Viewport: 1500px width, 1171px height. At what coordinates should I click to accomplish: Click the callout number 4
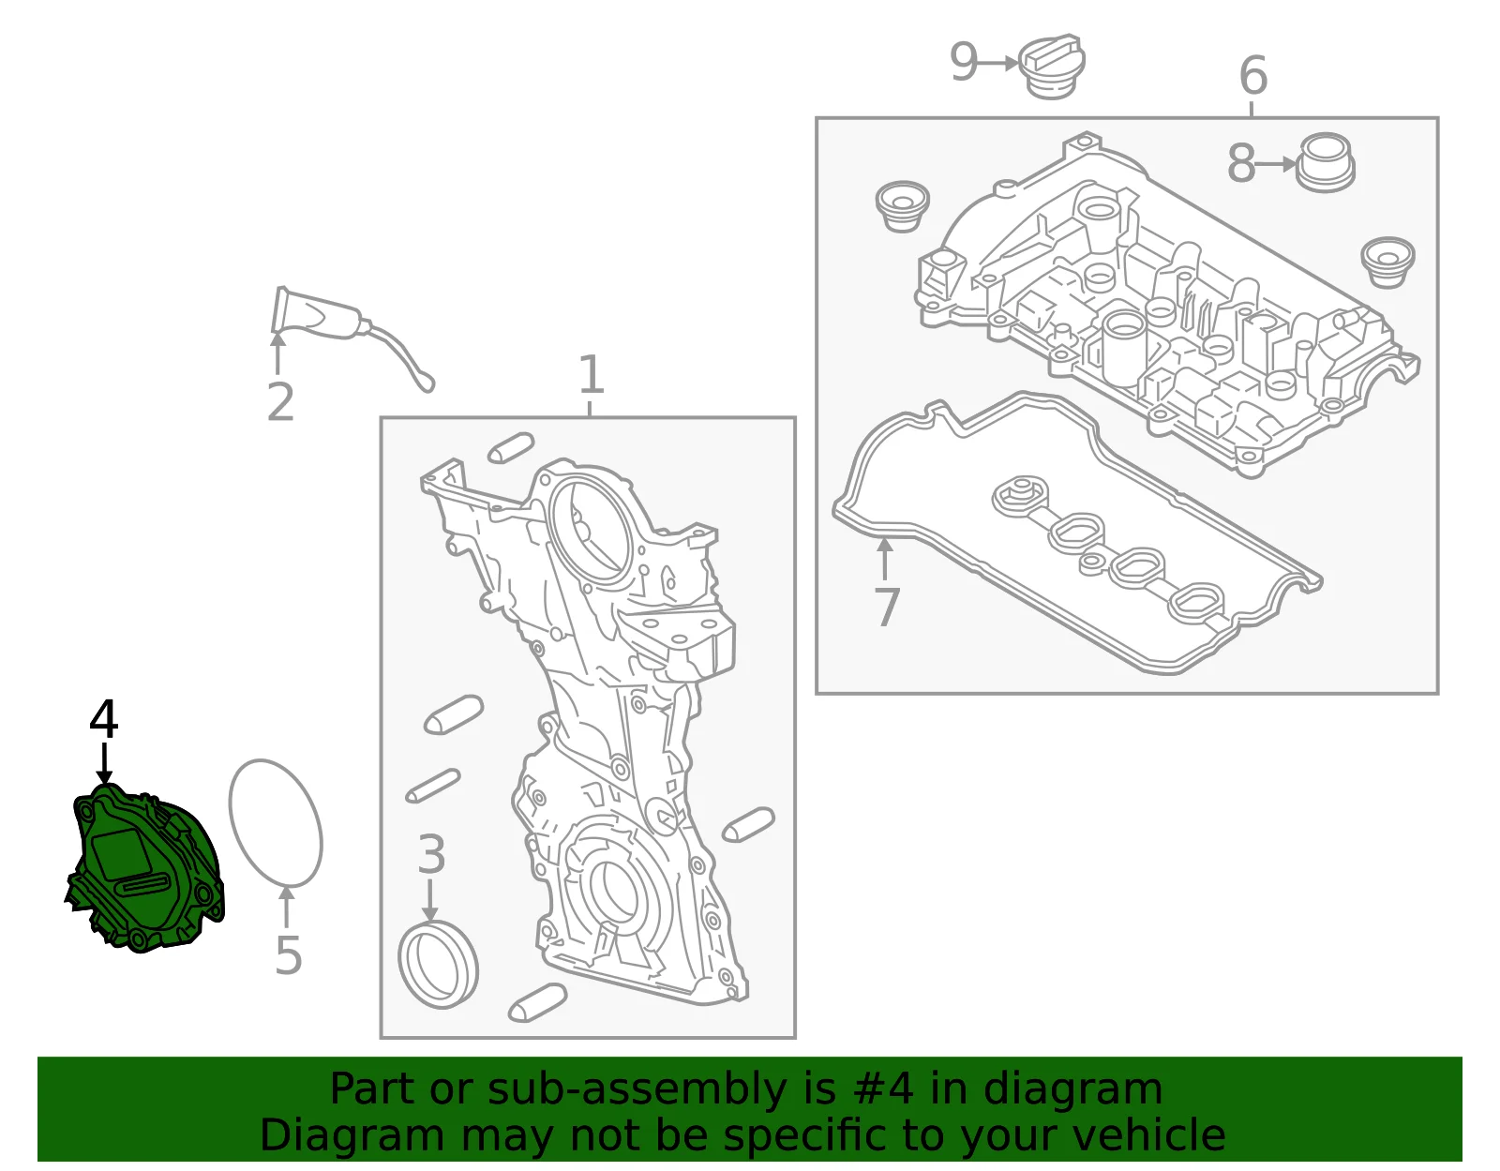[x=103, y=719]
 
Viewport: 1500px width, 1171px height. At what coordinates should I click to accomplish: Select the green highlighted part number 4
[x=145, y=869]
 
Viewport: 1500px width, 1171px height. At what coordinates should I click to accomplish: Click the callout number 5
[x=289, y=955]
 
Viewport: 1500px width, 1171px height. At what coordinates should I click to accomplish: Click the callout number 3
[x=431, y=854]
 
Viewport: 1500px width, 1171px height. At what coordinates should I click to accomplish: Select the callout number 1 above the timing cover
[x=591, y=374]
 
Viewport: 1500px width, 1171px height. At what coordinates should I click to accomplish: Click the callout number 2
[x=281, y=401]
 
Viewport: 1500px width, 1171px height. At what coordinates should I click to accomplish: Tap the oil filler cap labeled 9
[x=1052, y=67]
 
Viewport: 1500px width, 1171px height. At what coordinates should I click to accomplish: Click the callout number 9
[x=965, y=62]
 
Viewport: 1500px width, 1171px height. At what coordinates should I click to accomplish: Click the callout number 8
[x=1241, y=164]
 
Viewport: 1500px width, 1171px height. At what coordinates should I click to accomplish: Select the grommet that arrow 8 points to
[x=1326, y=163]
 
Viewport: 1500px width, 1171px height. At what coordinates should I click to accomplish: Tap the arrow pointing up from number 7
[x=885, y=558]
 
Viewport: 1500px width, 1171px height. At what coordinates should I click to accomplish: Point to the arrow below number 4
[x=104, y=763]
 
